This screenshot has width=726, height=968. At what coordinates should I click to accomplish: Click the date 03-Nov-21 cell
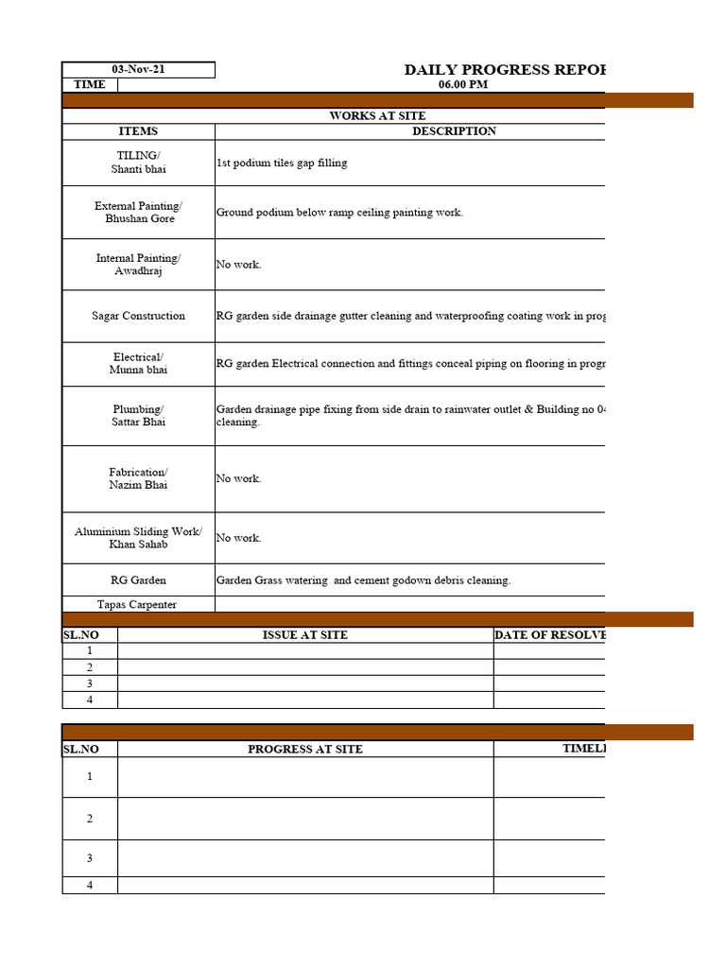pos(138,70)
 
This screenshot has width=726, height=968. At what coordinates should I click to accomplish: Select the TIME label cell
pos(90,85)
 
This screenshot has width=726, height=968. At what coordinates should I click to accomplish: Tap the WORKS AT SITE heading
pos(377,116)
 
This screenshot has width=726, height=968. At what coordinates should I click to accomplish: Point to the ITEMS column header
pos(138,131)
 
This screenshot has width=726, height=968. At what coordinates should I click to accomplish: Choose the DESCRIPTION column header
pos(454,131)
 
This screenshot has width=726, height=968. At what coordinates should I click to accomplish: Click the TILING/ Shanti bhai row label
pos(138,163)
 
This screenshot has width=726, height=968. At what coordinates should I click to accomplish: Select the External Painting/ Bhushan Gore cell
pos(138,213)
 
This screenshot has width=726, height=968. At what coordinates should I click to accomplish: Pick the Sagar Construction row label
pos(138,316)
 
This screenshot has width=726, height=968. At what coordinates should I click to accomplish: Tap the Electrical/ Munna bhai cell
pos(138,364)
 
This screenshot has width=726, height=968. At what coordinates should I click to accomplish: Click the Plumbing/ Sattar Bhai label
pos(138,416)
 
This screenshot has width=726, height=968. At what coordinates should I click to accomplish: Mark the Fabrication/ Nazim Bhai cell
pos(138,478)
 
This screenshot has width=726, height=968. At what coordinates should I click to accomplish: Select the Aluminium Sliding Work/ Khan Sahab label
pos(138,538)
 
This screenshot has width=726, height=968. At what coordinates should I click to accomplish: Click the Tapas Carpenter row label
pos(138,605)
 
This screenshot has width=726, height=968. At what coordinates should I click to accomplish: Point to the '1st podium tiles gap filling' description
pos(282,164)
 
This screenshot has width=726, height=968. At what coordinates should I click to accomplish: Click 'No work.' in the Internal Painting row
pos(238,265)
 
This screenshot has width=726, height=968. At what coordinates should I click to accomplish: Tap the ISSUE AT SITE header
pos(304,635)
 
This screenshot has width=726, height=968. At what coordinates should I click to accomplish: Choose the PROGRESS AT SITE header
pos(304,750)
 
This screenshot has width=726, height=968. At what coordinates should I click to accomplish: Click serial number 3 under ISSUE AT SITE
pos(90,683)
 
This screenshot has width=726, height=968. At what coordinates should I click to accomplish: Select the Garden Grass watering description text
pos(363,580)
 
